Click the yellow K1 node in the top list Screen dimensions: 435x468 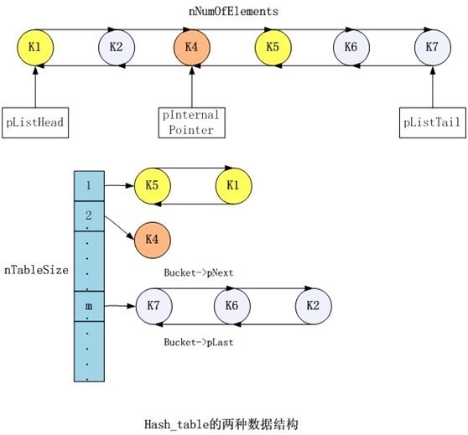35,46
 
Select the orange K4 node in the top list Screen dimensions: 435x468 192,46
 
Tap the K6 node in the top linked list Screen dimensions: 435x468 351,46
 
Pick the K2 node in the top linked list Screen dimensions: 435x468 116,46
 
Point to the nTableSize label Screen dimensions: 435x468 36,271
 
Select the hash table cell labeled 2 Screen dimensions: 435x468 88,215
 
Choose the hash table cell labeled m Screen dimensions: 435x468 88,307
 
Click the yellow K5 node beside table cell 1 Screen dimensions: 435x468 152,185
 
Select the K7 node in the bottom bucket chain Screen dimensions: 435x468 152,307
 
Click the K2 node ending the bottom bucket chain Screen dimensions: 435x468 313,307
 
